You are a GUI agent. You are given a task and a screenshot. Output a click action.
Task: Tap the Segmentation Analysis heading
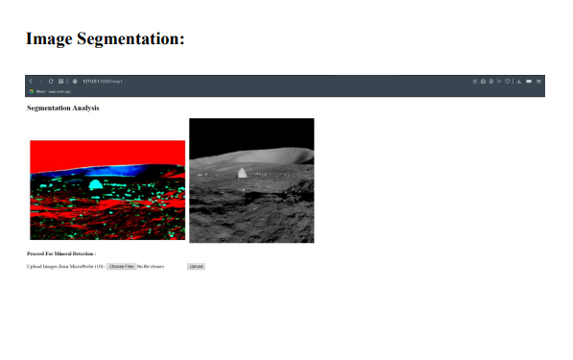(62, 108)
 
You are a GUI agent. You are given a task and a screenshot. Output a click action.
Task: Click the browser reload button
(51, 82)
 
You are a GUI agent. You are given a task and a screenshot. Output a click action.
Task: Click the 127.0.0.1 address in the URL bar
(92, 82)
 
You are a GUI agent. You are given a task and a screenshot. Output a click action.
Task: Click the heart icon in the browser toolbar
(508, 82)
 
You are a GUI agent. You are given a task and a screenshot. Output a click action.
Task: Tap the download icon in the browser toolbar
(518, 82)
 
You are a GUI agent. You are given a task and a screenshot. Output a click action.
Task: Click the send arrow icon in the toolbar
(499, 82)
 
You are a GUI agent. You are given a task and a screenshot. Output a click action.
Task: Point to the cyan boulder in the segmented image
(96, 183)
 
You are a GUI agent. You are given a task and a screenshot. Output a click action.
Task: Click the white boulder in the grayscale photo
(242, 173)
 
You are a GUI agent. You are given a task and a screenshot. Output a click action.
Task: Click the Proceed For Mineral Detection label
(61, 253)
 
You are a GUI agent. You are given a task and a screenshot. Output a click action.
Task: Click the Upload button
(196, 266)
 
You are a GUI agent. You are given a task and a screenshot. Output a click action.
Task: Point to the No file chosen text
(151, 266)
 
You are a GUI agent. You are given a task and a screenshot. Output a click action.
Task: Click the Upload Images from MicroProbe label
(64, 266)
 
